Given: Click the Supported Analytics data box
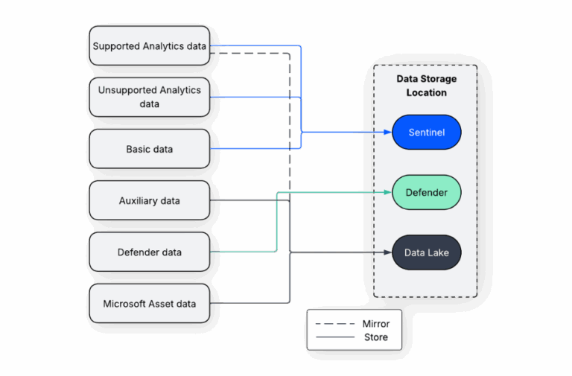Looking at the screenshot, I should pyautogui.click(x=149, y=46).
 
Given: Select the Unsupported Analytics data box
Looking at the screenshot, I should pyautogui.click(x=149, y=97).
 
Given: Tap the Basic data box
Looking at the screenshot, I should pyautogui.click(x=149, y=149).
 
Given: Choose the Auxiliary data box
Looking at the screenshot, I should pyautogui.click(x=149, y=200).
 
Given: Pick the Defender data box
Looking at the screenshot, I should pyautogui.click(x=149, y=252).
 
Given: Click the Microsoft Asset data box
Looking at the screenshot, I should pyautogui.click(x=149, y=304).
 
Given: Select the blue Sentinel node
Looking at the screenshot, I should pyautogui.click(x=427, y=133).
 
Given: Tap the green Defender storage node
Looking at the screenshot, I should pyautogui.click(x=427, y=193).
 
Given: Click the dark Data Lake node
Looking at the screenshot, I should pyautogui.click(x=427, y=253).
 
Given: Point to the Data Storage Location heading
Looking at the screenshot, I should pyautogui.click(x=426, y=86).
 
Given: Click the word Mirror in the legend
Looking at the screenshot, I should pyautogui.click(x=375, y=324).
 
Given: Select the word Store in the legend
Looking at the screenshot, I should pyautogui.click(x=375, y=337).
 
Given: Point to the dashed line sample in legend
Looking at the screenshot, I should pyautogui.click(x=334, y=324).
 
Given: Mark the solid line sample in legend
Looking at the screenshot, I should pyautogui.click(x=334, y=337).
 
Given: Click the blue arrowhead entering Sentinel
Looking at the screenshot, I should pyautogui.click(x=387, y=133).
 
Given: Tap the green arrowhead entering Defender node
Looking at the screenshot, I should pyautogui.click(x=387, y=192).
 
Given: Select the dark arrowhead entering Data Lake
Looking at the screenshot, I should pyautogui.click(x=387, y=253).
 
